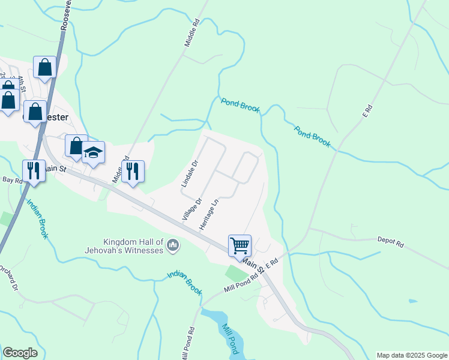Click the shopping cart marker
tap(240, 245)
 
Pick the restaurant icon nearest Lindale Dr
tap(132, 171)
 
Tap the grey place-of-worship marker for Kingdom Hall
tap(173, 245)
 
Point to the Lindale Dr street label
tap(190, 173)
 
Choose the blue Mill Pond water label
tap(228, 340)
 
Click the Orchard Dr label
tap(8, 278)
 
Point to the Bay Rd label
tap(8, 179)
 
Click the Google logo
tap(20, 353)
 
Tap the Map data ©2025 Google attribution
tap(412, 355)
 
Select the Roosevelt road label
tap(66, 15)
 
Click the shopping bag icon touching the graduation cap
tap(76, 146)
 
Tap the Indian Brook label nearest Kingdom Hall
tap(184, 283)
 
